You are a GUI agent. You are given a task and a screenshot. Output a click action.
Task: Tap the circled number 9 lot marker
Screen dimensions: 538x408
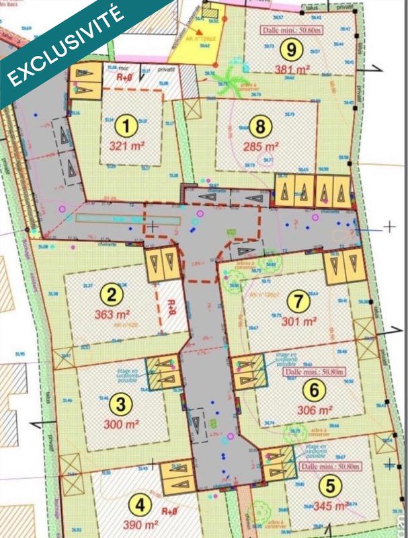pos(290,49)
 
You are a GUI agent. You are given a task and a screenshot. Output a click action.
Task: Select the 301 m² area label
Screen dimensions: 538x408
pos(299,321)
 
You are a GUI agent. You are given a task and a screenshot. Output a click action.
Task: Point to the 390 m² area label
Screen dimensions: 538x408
pos(140,524)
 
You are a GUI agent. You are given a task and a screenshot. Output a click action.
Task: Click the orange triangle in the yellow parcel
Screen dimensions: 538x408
pos(200,30)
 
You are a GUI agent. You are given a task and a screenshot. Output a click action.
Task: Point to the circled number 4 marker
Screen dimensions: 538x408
pos(139,504)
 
